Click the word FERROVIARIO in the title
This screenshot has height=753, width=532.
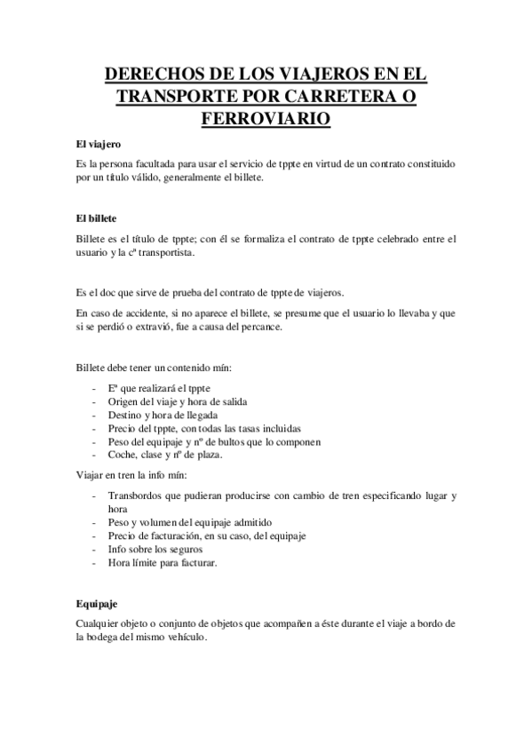(266, 116)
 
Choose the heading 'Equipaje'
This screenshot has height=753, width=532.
(97, 603)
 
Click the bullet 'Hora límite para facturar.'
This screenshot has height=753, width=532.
(162, 563)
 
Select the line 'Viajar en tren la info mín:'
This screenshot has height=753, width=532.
(131, 475)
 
